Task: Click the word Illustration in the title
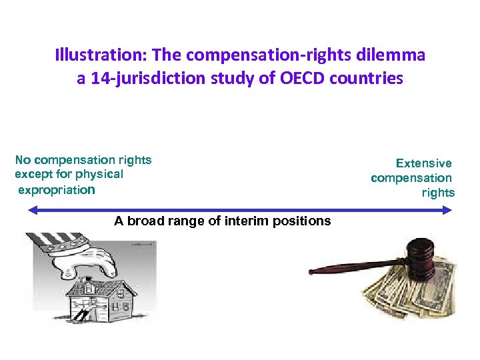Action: (x=89, y=54)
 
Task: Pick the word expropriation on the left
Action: (x=57, y=189)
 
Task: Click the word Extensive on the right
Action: (x=423, y=163)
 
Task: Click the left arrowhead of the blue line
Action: (x=31, y=209)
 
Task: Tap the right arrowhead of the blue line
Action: (x=449, y=209)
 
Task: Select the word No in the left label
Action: (x=23, y=159)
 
